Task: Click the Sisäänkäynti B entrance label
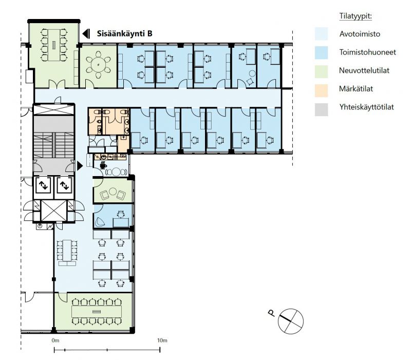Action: click(x=124, y=33)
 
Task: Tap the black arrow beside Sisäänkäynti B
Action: click(x=86, y=33)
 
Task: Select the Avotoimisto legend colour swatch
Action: click(x=322, y=34)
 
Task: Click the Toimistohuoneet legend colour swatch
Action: click(x=322, y=52)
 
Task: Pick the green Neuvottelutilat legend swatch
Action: click(x=322, y=71)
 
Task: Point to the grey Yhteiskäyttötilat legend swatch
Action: click(x=322, y=109)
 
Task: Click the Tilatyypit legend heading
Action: click(x=356, y=16)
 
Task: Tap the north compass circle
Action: click(x=291, y=321)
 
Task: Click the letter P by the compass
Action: click(x=272, y=313)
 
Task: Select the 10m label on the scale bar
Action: click(x=162, y=340)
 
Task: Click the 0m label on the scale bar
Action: click(x=55, y=340)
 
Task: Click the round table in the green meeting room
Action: click(x=98, y=65)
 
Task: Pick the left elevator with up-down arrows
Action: click(x=43, y=185)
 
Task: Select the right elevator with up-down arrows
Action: click(x=64, y=185)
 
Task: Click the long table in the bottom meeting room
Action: click(x=97, y=312)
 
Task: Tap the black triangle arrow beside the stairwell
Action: click(x=80, y=166)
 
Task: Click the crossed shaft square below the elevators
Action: click(x=54, y=211)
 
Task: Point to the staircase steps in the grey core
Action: click(x=54, y=145)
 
